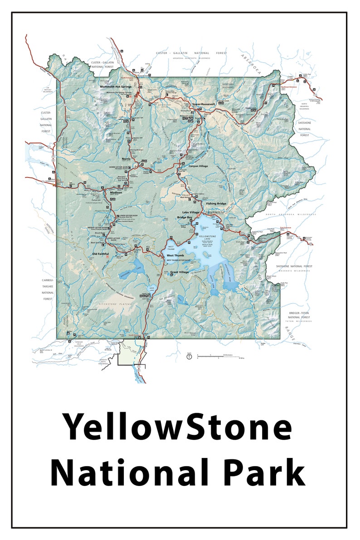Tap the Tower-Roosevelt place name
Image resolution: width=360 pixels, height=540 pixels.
(203, 104)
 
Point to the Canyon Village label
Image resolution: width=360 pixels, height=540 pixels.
(198, 166)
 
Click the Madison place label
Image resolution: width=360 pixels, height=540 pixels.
(116, 192)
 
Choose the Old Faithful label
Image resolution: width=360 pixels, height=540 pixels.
(101, 253)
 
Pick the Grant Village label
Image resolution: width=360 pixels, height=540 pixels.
(179, 272)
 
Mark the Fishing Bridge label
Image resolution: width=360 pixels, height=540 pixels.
(216, 204)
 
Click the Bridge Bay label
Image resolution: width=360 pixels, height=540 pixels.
(185, 218)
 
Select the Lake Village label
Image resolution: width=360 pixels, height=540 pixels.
(191, 212)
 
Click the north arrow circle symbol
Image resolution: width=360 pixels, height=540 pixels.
(190, 356)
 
